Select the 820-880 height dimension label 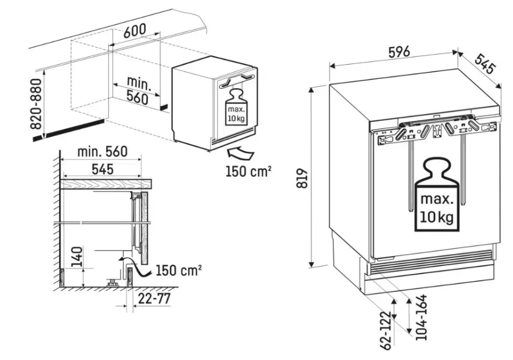(36, 104)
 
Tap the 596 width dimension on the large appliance (396, 52)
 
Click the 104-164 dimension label (421, 317)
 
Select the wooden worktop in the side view (106, 183)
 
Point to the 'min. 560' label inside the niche (137, 90)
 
